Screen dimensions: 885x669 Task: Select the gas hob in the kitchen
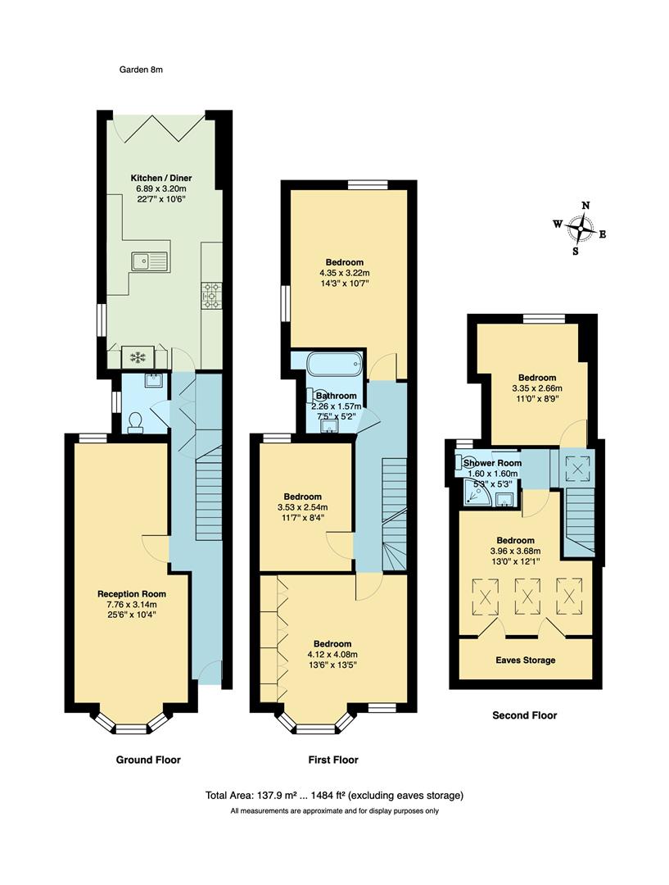click(211, 295)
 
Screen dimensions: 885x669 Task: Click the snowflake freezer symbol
click(135, 358)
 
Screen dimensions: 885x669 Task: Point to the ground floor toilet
click(135, 421)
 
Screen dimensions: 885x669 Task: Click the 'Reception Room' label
click(132, 594)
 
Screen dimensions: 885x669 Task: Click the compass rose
click(581, 229)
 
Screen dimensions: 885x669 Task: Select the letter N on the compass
click(585, 206)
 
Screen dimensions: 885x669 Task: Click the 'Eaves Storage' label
click(525, 660)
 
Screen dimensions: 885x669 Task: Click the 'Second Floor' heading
click(524, 715)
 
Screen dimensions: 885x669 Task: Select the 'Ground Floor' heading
click(148, 760)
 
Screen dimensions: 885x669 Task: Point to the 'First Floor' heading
click(333, 760)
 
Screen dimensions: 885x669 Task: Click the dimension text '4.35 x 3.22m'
click(345, 273)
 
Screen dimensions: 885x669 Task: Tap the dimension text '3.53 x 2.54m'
click(303, 507)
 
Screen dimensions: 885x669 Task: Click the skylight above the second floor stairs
click(578, 469)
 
